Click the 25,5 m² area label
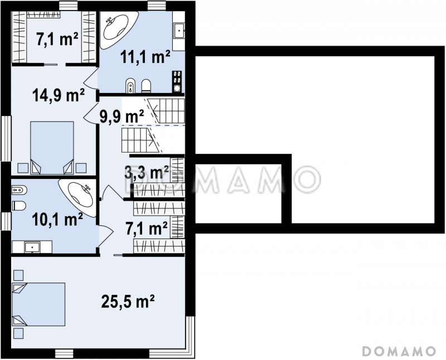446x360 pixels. pyautogui.click(x=128, y=301)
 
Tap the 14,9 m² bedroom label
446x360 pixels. pyautogui.click(x=59, y=95)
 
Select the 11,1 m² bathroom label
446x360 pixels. pyautogui.click(x=146, y=57)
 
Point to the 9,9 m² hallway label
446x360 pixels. pyautogui.click(x=122, y=116)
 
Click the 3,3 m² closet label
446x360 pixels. pyautogui.click(x=147, y=172)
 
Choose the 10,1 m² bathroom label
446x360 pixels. pyautogui.click(x=57, y=219)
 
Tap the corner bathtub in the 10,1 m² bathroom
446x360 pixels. pyautogui.click(x=78, y=197)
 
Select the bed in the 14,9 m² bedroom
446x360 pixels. pyautogui.click(x=52, y=148)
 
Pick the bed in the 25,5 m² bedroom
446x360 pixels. pyautogui.click(x=38, y=304)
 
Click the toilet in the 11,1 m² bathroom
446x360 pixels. pyautogui.click(x=147, y=86)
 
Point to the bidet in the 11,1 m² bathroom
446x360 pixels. pyautogui.click(x=130, y=85)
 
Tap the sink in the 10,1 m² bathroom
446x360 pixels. pyautogui.click(x=32, y=246)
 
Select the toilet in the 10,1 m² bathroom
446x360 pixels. pyautogui.click(x=19, y=206)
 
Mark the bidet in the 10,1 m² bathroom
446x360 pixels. pyautogui.click(x=19, y=189)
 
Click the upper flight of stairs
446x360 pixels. pyautogui.click(x=166, y=111)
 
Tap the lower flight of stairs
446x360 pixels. pyautogui.click(x=142, y=140)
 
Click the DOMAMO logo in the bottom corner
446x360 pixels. pyautogui.click(x=399, y=351)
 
